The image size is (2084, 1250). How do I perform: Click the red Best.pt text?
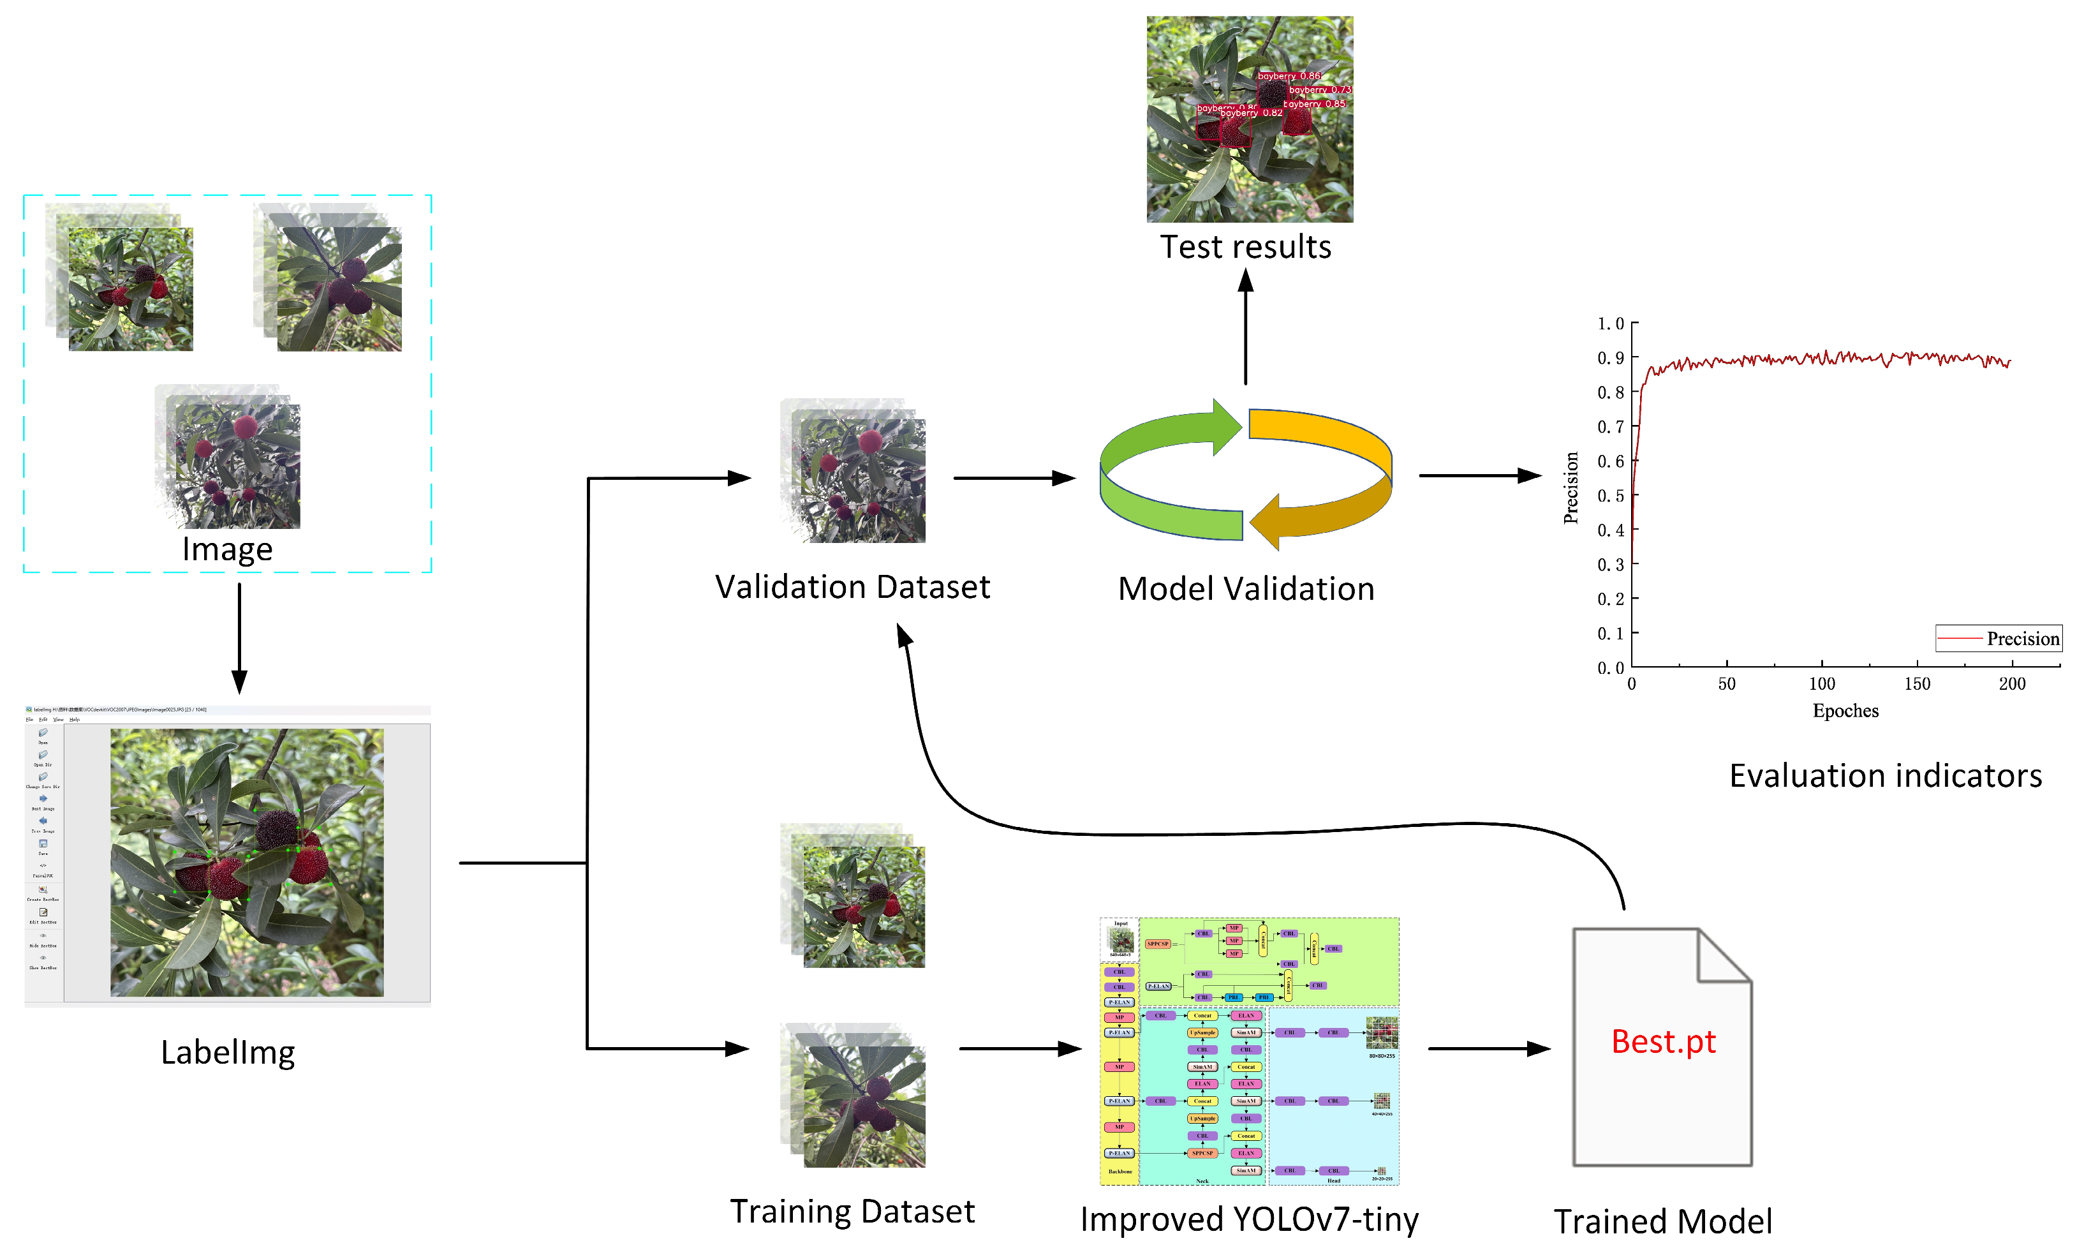[x=1662, y=1042]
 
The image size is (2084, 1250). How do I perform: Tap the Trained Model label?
[x=1662, y=1221]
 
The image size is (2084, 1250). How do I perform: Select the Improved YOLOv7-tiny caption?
[x=1249, y=1219]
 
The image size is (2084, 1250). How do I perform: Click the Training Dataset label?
[x=852, y=1211]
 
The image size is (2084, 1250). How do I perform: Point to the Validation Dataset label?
[x=852, y=587]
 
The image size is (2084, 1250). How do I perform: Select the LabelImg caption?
[x=227, y=1052]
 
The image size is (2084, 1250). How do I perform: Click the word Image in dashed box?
[x=227, y=549]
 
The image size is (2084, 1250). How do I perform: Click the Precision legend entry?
[x=2021, y=639]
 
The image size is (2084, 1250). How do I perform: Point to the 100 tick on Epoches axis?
[x=1821, y=684]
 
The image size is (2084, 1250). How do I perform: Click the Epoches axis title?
[x=1845, y=711]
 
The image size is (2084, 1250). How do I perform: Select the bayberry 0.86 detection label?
[x=1289, y=76]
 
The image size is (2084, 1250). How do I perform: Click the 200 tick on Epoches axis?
[x=2011, y=684]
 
